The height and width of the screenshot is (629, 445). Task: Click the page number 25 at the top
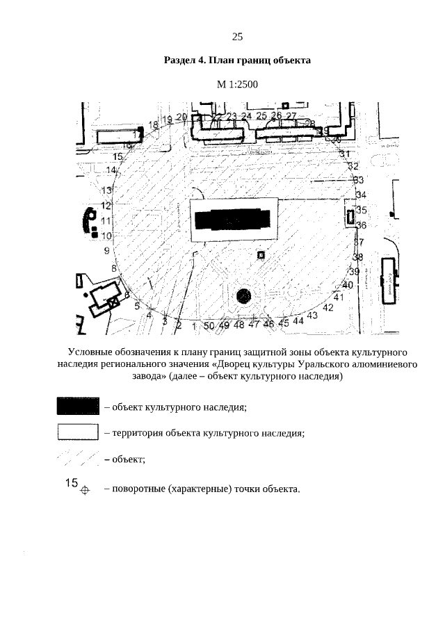pos(236,37)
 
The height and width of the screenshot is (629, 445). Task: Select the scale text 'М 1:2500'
pos(236,85)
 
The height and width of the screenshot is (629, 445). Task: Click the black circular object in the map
pos(244,297)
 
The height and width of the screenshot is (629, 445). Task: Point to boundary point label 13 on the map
pos(107,190)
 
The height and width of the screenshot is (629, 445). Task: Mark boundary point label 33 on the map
pos(359,180)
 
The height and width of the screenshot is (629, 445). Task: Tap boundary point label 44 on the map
pos(298,321)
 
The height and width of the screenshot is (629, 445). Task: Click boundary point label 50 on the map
pos(209,325)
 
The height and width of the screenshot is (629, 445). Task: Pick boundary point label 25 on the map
pos(261,115)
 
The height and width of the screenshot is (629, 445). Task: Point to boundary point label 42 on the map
pos(330,308)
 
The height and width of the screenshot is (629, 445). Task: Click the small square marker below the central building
pos(261,255)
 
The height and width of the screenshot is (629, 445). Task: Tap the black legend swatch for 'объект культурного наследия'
pos(77,407)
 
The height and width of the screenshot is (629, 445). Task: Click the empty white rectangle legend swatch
pos(77,433)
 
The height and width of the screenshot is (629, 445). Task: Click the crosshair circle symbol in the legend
pos(85,489)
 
